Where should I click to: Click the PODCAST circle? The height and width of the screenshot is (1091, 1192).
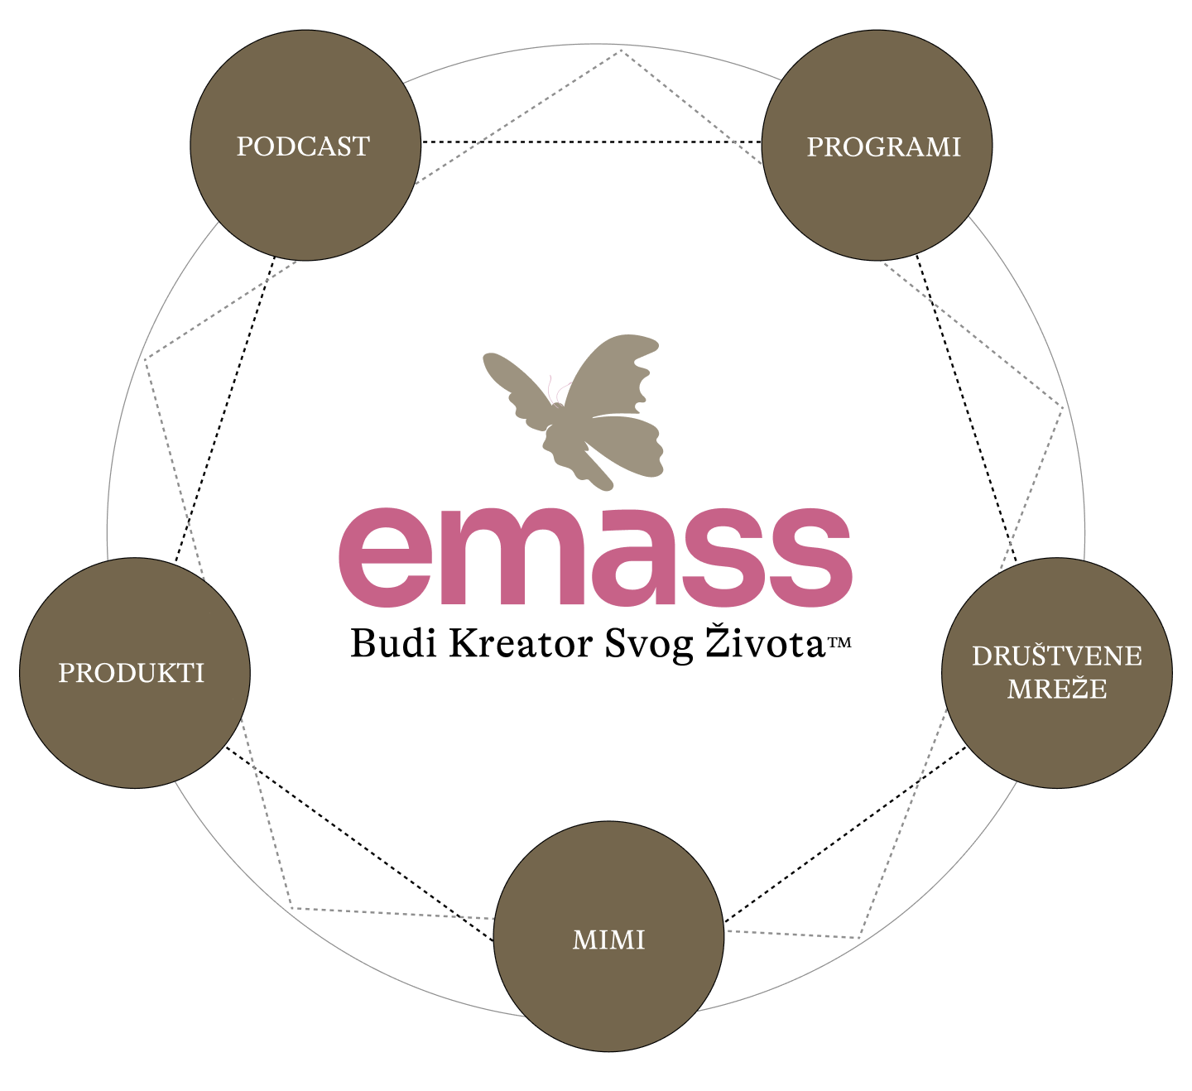pyautogui.click(x=305, y=145)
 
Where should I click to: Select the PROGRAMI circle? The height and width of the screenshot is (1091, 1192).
pyautogui.click(x=877, y=145)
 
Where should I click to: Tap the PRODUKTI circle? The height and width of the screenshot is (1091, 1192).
pyautogui.click(x=135, y=673)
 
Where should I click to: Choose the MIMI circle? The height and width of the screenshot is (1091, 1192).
pyautogui.click(x=608, y=936)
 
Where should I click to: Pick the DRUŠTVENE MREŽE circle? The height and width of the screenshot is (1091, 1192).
pyautogui.click(x=1057, y=673)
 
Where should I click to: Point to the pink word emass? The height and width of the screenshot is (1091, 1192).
pyautogui.click(x=595, y=557)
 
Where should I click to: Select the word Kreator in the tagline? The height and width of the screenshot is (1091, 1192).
pyautogui.click(x=521, y=643)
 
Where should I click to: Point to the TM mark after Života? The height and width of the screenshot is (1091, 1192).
pyautogui.click(x=839, y=642)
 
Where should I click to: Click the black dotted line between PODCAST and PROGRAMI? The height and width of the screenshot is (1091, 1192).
pyautogui.click(x=591, y=142)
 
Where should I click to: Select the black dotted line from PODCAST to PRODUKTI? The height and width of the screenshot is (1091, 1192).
pyautogui.click(x=225, y=408)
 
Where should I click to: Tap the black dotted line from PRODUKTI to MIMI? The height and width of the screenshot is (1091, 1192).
pyautogui.click(x=359, y=843)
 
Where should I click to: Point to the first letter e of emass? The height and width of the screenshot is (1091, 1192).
pyautogui.click(x=387, y=557)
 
